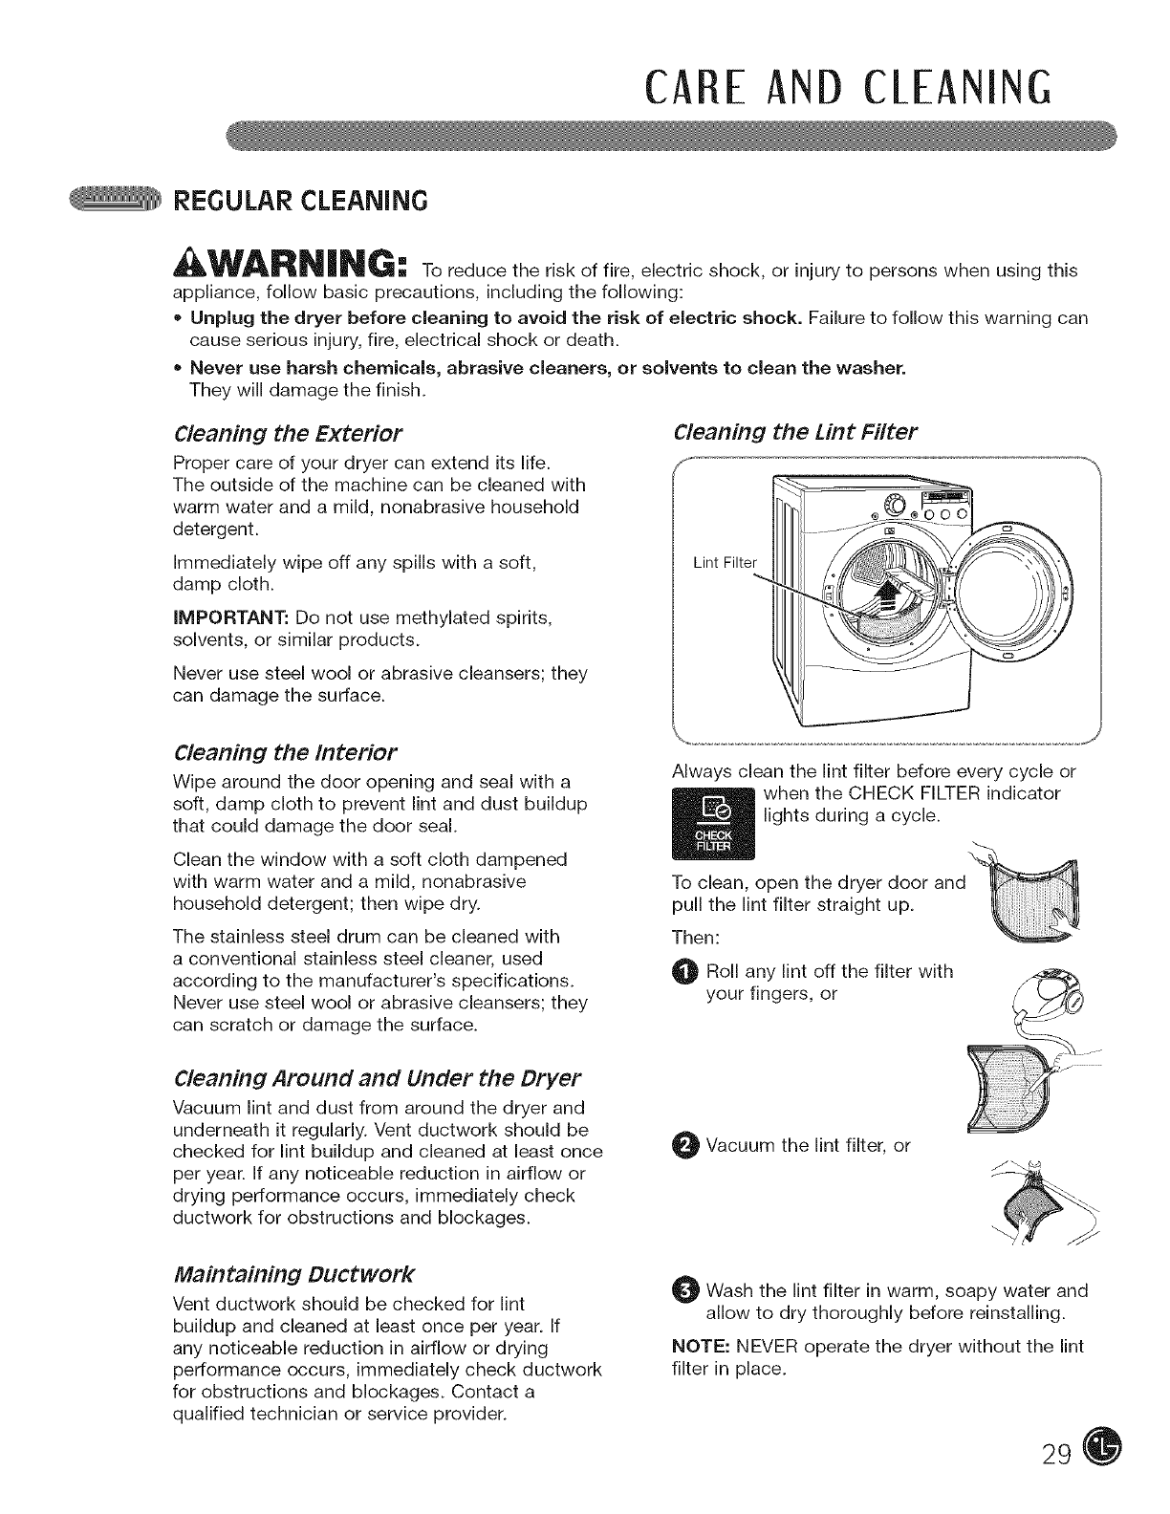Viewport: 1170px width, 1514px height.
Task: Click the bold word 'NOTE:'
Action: (x=701, y=1347)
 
